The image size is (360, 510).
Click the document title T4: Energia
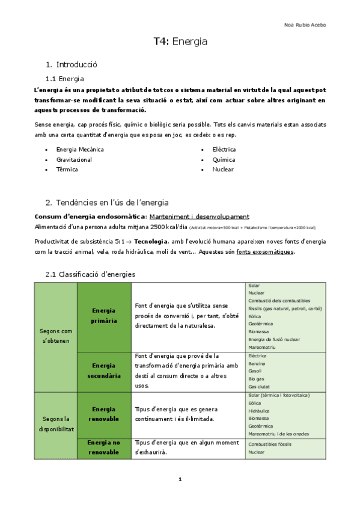tap(180, 41)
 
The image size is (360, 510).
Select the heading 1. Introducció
tap(72, 64)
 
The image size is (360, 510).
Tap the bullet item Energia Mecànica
tap(80, 149)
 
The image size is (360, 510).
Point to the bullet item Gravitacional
tap(74, 159)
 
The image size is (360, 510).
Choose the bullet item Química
tap(224, 159)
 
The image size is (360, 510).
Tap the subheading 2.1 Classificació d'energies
tap(90, 274)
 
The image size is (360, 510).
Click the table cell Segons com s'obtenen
tap(55, 336)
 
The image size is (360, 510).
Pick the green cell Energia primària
tap(103, 315)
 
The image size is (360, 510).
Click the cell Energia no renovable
tap(103, 447)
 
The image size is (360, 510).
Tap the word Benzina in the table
tap(257, 364)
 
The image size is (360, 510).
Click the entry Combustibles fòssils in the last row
tap(269, 444)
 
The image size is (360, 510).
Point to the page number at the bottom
tap(180, 479)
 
